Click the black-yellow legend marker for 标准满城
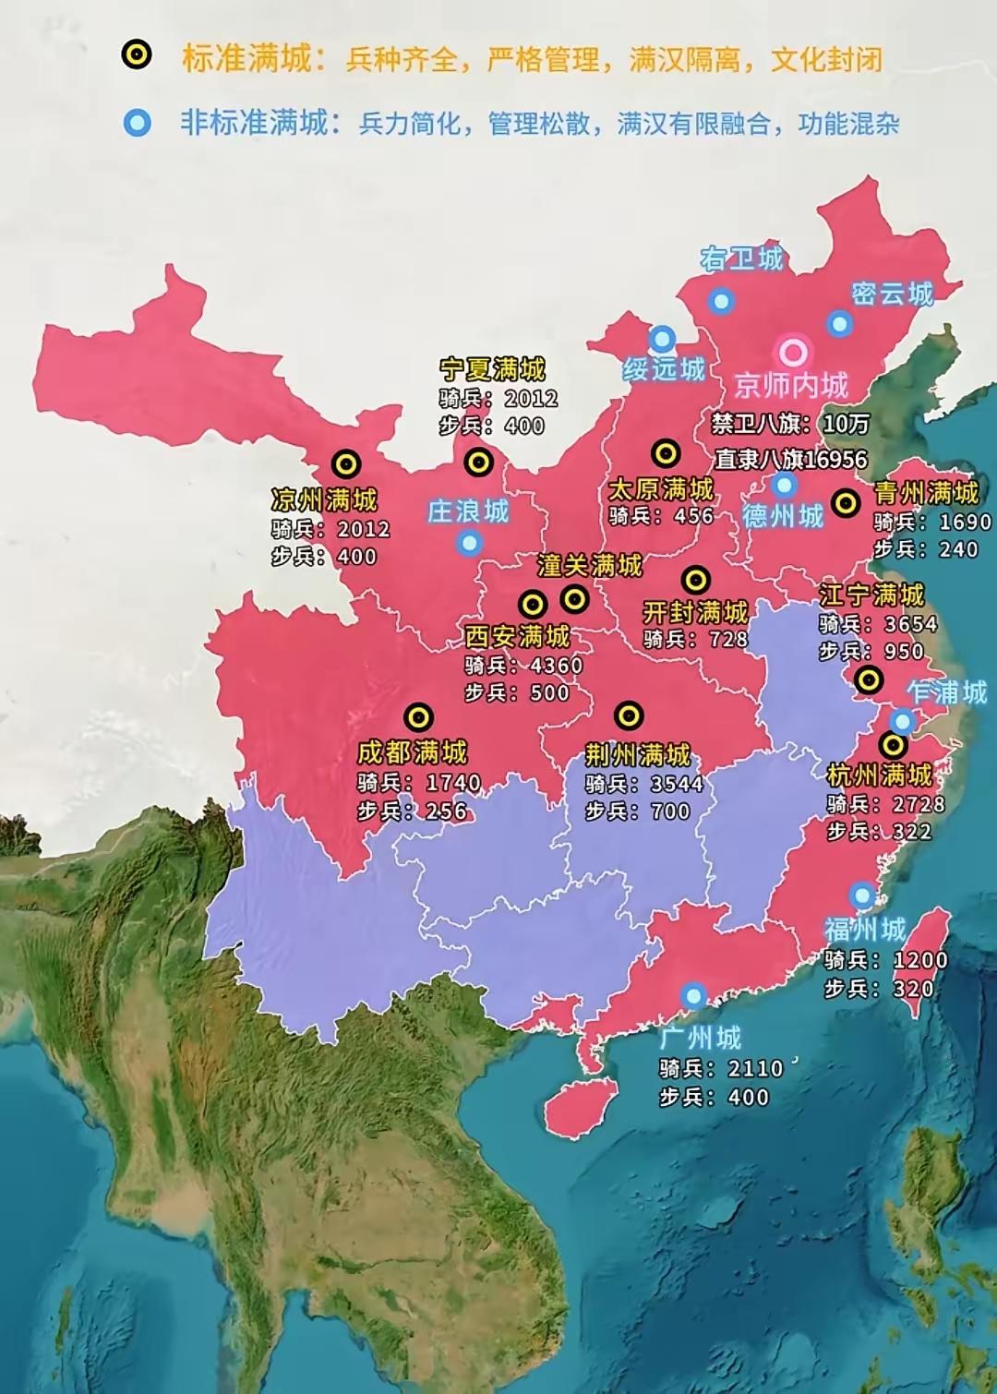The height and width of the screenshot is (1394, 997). (x=137, y=55)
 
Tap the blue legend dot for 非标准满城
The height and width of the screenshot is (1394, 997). (x=138, y=122)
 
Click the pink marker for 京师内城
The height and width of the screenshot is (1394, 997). (x=793, y=351)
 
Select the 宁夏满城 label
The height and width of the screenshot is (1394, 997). (x=492, y=369)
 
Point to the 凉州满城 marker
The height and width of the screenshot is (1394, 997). (x=346, y=463)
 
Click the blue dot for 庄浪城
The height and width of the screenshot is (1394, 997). (x=469, y=543)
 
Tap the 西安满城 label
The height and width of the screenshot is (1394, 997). (x=517, y=636)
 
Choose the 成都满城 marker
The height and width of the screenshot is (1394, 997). (x=418, y=716)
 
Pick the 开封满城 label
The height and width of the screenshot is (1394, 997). (x=695, y=612)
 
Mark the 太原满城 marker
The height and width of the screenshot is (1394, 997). (x=666, y=452)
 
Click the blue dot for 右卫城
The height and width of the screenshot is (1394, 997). (x=721, y=300)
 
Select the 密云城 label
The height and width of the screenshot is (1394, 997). (x=892, y=294)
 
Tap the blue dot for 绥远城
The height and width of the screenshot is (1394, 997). (x=662, y=338)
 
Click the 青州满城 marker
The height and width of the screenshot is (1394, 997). (x=846, y=502)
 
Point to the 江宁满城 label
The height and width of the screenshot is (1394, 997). (x=871, y=595)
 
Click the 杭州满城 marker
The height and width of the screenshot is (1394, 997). (x=893, y=744)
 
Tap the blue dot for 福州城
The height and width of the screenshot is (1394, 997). (x=862, y=894)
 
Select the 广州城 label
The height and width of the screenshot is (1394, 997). (x=701, y=1038)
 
